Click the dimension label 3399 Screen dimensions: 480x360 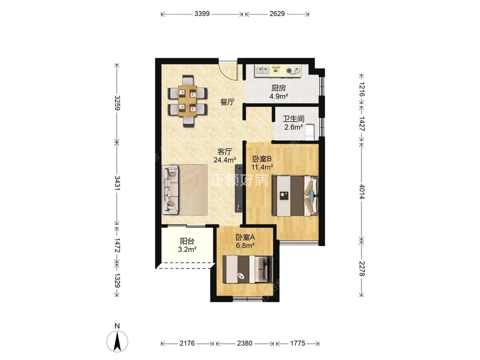coord(202,14)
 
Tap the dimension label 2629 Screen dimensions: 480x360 coord(277,14)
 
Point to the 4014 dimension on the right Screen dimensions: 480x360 coord(362,192)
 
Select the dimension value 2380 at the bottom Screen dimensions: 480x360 coord(244,343)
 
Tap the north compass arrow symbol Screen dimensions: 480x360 coord(117,342)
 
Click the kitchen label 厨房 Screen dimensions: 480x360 coord(278,88)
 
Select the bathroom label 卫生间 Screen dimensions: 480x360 coord(294,119)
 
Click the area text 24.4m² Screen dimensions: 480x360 coord(225,160)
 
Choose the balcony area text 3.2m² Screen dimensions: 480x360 coord(187,249)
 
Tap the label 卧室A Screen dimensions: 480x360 coord(245,237)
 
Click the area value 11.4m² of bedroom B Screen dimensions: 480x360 coord(262,168)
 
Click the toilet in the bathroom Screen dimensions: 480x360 coord(310,132)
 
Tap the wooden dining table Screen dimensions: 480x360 coord(188,101)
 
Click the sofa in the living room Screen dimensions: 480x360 coord(170,190)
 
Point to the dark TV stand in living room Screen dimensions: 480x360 coord(239,188)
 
